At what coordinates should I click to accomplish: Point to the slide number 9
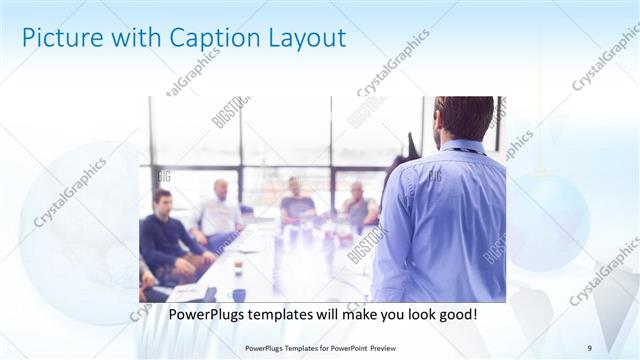tap(590, 348)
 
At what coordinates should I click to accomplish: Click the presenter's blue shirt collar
tap(463, 146)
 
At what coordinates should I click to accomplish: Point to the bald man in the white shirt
tap(219, 210)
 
